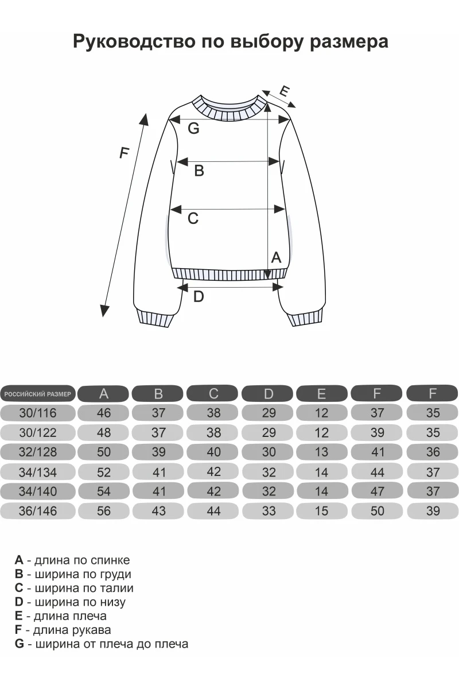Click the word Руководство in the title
click(x=134, y=42)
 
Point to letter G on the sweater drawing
click(x=194, y=128)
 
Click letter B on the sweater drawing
click(x=199, y=171)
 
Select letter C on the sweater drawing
click(x=193, y=218)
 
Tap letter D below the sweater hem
click(x=199, y=297)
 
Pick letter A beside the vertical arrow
click(x=276, y=257)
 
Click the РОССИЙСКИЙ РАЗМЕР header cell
click(x=38, y=394)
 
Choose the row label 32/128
click(x=38, y=452)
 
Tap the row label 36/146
click(x=38, y=511)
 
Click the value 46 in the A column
click(x=104, y=413)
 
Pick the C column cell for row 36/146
click(x=213, y=511)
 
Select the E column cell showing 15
click(x=321, y=511)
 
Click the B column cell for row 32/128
click(x=158, y=452)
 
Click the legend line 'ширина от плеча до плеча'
click(x=102, y=644)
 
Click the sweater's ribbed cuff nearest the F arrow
click(x=155, y=317)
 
